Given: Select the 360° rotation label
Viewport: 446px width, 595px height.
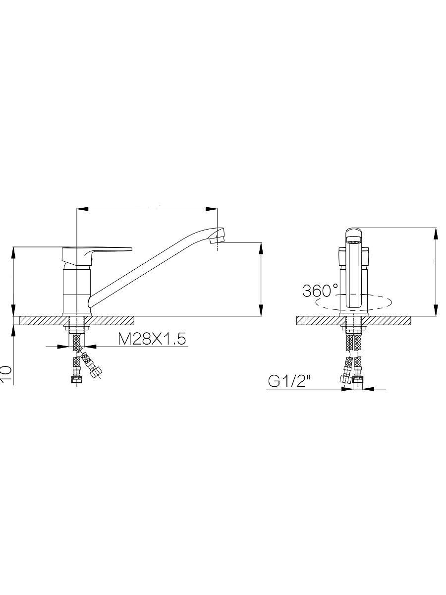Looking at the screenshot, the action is (x=320, y=291).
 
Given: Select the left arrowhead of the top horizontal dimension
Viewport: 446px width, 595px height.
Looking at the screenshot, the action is (x=83, y=209).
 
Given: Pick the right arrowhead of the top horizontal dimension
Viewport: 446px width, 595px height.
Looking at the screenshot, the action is (x=212, y=209).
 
